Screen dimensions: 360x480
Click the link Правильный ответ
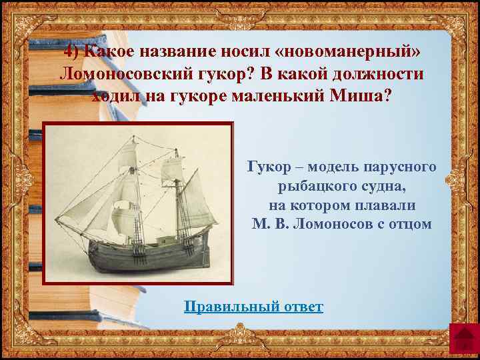pos(253,307)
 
